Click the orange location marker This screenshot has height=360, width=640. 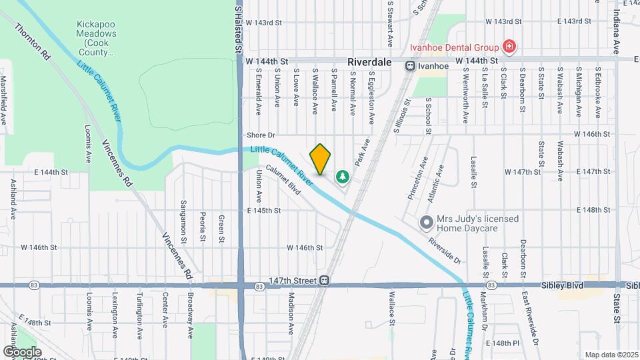(x=321, y=159)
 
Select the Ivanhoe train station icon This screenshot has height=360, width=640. (x=410, y=65)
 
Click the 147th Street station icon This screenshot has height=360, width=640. (x=324, y=281)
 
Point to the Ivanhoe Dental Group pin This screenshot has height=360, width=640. (x=509, y=47)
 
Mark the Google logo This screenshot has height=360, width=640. (x=22, y=351)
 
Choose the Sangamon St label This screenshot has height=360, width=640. (x=183, y=219)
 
